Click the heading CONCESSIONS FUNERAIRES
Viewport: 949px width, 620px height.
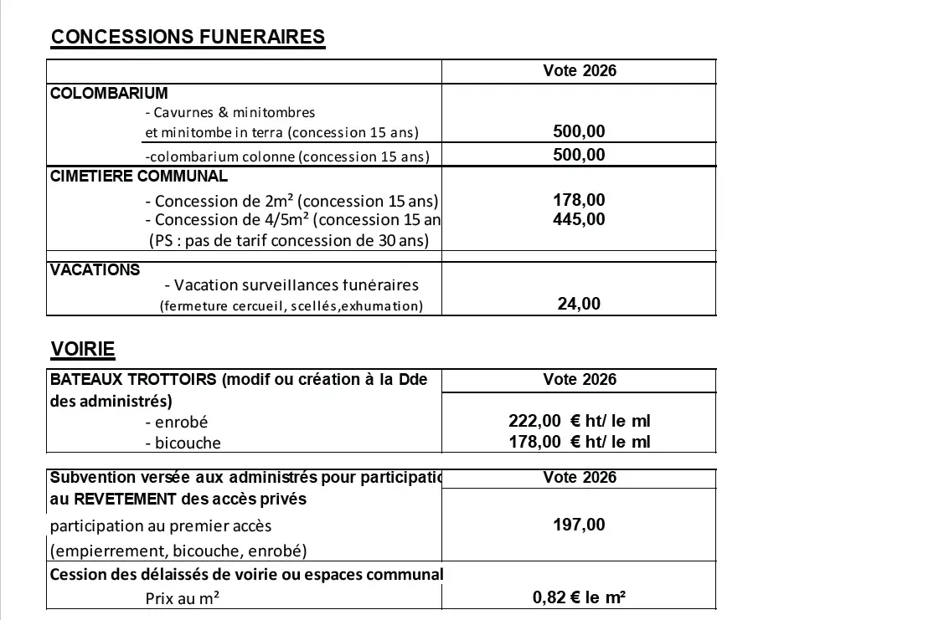188,37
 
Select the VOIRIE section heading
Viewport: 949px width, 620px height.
82,349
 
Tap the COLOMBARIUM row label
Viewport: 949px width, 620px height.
109,93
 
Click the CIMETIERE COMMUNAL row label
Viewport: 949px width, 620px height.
138,177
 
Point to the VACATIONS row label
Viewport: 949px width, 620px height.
95,270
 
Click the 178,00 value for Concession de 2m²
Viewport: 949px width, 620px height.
579,200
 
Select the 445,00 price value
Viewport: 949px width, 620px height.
579,219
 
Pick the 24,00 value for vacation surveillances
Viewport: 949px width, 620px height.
579,304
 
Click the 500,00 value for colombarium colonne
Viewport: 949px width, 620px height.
579,155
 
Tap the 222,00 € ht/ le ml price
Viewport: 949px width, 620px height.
579,421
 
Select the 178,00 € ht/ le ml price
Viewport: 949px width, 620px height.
579,442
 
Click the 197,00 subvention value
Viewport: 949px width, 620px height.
579,525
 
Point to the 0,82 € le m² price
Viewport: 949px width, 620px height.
579,597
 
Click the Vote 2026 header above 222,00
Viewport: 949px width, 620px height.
579,379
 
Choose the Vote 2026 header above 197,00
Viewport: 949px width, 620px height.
579,477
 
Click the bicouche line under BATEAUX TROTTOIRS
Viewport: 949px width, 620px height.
183,443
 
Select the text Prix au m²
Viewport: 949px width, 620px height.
183,598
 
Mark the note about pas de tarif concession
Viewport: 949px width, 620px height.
288,240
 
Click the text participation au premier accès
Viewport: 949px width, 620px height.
161,526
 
